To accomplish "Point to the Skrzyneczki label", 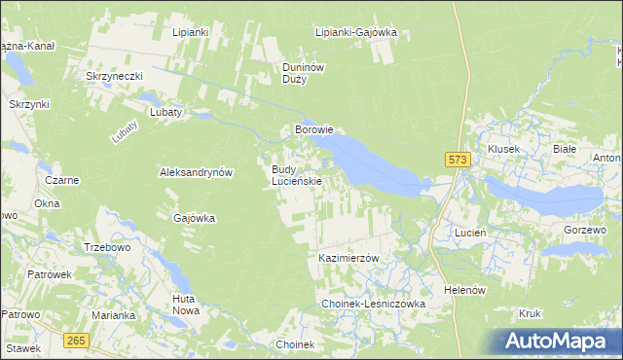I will click(115, 76).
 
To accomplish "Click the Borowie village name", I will click(314, 129).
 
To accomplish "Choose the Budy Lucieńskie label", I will click(296, 175).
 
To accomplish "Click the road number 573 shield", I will click(458, 160).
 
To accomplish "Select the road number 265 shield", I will click(77, 340).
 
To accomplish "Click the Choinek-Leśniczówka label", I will click(375, 305).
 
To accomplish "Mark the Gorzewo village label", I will click(585, 230).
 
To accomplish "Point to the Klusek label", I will click(504, 149).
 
